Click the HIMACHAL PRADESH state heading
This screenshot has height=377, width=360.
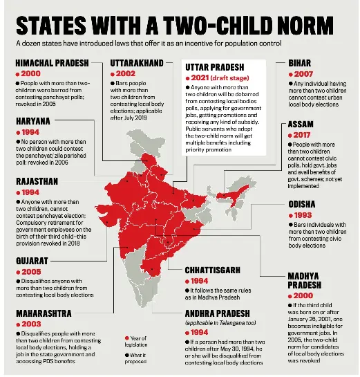point(52,63)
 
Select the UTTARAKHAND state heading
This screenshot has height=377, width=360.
point(138,63)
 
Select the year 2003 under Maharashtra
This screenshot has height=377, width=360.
point(31,324)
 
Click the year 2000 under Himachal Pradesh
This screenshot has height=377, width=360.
point(31,73)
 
